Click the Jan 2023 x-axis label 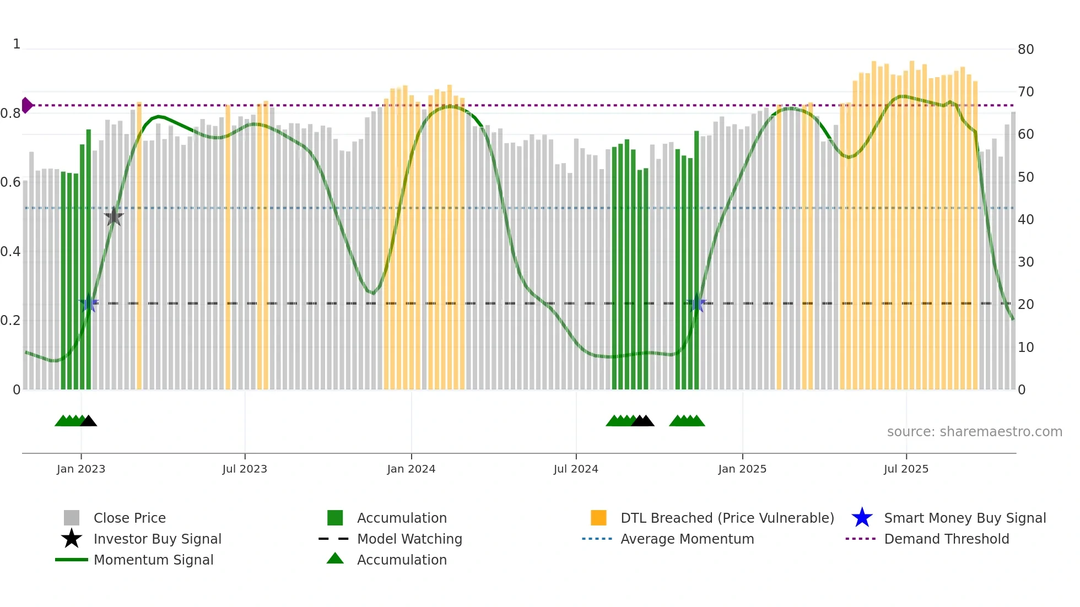tap(81, 469)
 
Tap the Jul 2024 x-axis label tap(576, 469)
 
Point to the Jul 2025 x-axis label tap(906, 469)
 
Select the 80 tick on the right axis tap(1025, 50)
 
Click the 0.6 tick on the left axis tap(10, 182)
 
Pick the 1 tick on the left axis tap(17, 44)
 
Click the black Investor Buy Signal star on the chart tap(114, 216)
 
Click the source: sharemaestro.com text tap(974, 432)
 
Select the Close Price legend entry tap(129, 518)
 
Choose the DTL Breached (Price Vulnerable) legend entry tap(727, 518)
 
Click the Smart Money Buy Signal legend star tap(862, 518)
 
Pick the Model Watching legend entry tap(409, 539)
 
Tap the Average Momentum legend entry tap(687, 539)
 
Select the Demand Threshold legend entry tap(946, 539)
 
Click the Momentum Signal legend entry tap(153, 560)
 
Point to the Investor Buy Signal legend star tap(72, 539)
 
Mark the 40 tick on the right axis tap(1025, 220)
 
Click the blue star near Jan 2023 tap(89, 303)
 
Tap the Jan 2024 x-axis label tap(411, 469)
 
